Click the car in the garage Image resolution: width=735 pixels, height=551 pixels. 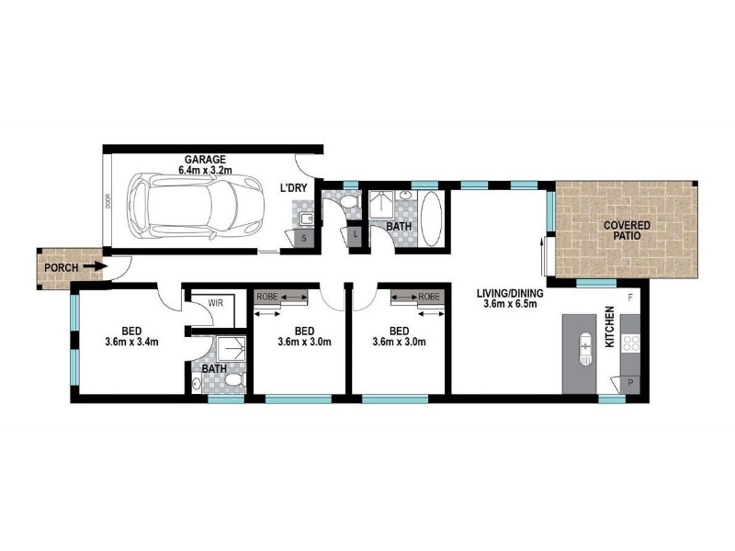click(x=196, y=207)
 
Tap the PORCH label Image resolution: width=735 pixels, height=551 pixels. click(x=62, y=268)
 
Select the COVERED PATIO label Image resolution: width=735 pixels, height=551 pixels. click(x=627, y=231)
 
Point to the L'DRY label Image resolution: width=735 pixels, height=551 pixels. click(x=293, y=188)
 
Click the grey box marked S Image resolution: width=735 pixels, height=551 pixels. click(x=304, y=239)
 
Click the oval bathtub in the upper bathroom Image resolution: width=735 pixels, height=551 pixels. click(x=431, y=218)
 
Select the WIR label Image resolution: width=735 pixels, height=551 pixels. click(x=216, y=303)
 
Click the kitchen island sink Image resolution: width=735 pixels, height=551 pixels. click(x=585, y=348)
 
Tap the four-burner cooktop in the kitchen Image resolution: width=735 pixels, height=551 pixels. click(x=631, y=343)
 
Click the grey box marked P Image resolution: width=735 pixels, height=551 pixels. click(x=630, y=384)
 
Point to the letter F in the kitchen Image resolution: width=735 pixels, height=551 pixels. click(x=631, y=297)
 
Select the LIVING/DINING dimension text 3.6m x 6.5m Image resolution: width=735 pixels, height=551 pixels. click(x=510, y=304)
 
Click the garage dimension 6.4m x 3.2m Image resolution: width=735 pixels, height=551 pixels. click(x=205, y=170)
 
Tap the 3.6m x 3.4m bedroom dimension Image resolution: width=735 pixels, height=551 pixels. click(x=131, y=342)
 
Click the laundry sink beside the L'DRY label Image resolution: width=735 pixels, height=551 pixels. click(x=307, y=219)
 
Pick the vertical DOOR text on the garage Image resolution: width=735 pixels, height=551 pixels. click(x=107, y=201)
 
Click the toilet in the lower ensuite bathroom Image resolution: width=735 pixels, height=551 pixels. click(x=234, y=379)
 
